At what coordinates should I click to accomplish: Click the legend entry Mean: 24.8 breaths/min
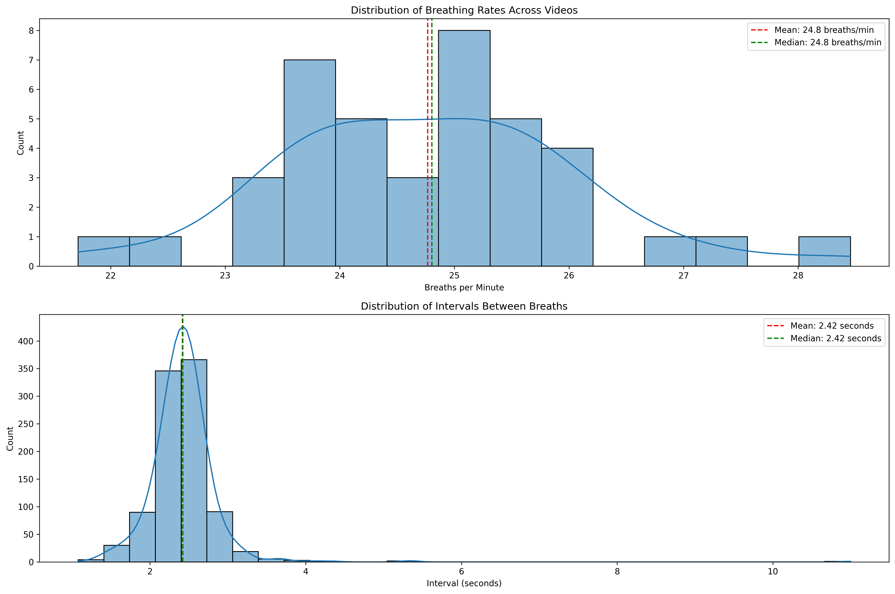pyautogui.click(x=824, y=30)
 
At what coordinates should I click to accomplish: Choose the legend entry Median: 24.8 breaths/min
pyautogui.click(x=828, y=42)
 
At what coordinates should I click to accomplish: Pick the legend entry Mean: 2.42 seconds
pyautogui.click(x=832, y=326)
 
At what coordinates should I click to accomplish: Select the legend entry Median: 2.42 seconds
pyautogui.click(x=836, y=338)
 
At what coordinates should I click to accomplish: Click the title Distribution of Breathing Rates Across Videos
pyautogui.click(x=464, y=10)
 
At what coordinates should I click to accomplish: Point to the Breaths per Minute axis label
pyautogui.click(x=464, y=288)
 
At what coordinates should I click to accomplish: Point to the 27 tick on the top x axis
pyautogui.click(x=683, y=275)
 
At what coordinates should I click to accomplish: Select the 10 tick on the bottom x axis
pyautogui.click(x=773, y=571)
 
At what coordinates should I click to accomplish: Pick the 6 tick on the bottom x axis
pyautogui.click(x=461, y=571)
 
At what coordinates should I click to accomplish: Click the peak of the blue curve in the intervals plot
pyautogui.click(x=183, y=325)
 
